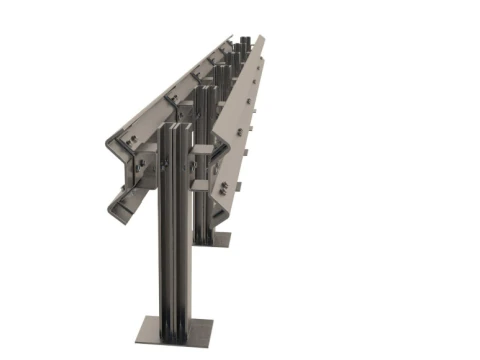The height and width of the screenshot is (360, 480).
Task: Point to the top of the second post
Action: click(206, 89)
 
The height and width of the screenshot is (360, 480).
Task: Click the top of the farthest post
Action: click(244, 41)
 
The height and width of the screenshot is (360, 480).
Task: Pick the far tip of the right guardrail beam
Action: click(262, 39)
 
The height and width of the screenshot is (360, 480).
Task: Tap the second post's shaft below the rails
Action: click(205, 215)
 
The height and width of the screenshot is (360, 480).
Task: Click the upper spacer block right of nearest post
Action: click(204, 149)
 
